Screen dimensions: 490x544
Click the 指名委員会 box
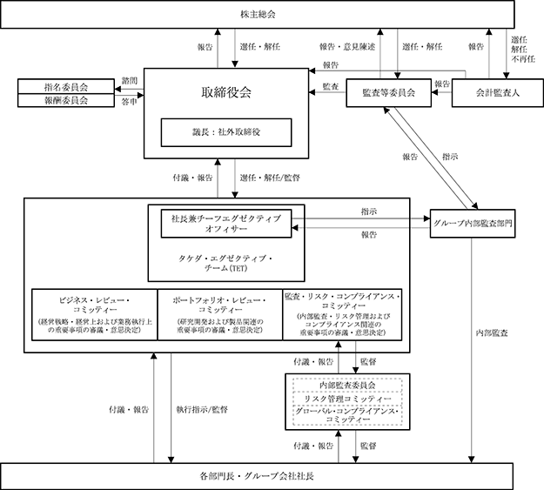(x=66, y=87)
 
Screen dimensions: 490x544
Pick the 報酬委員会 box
(x=66, y=100)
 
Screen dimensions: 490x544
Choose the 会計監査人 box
(x=493, y=92)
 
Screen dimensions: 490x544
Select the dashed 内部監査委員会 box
(x=346, y=384)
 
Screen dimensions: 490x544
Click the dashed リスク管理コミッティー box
(x=346, y=398)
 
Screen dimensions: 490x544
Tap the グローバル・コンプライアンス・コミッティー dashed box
(x=346, y=415)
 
